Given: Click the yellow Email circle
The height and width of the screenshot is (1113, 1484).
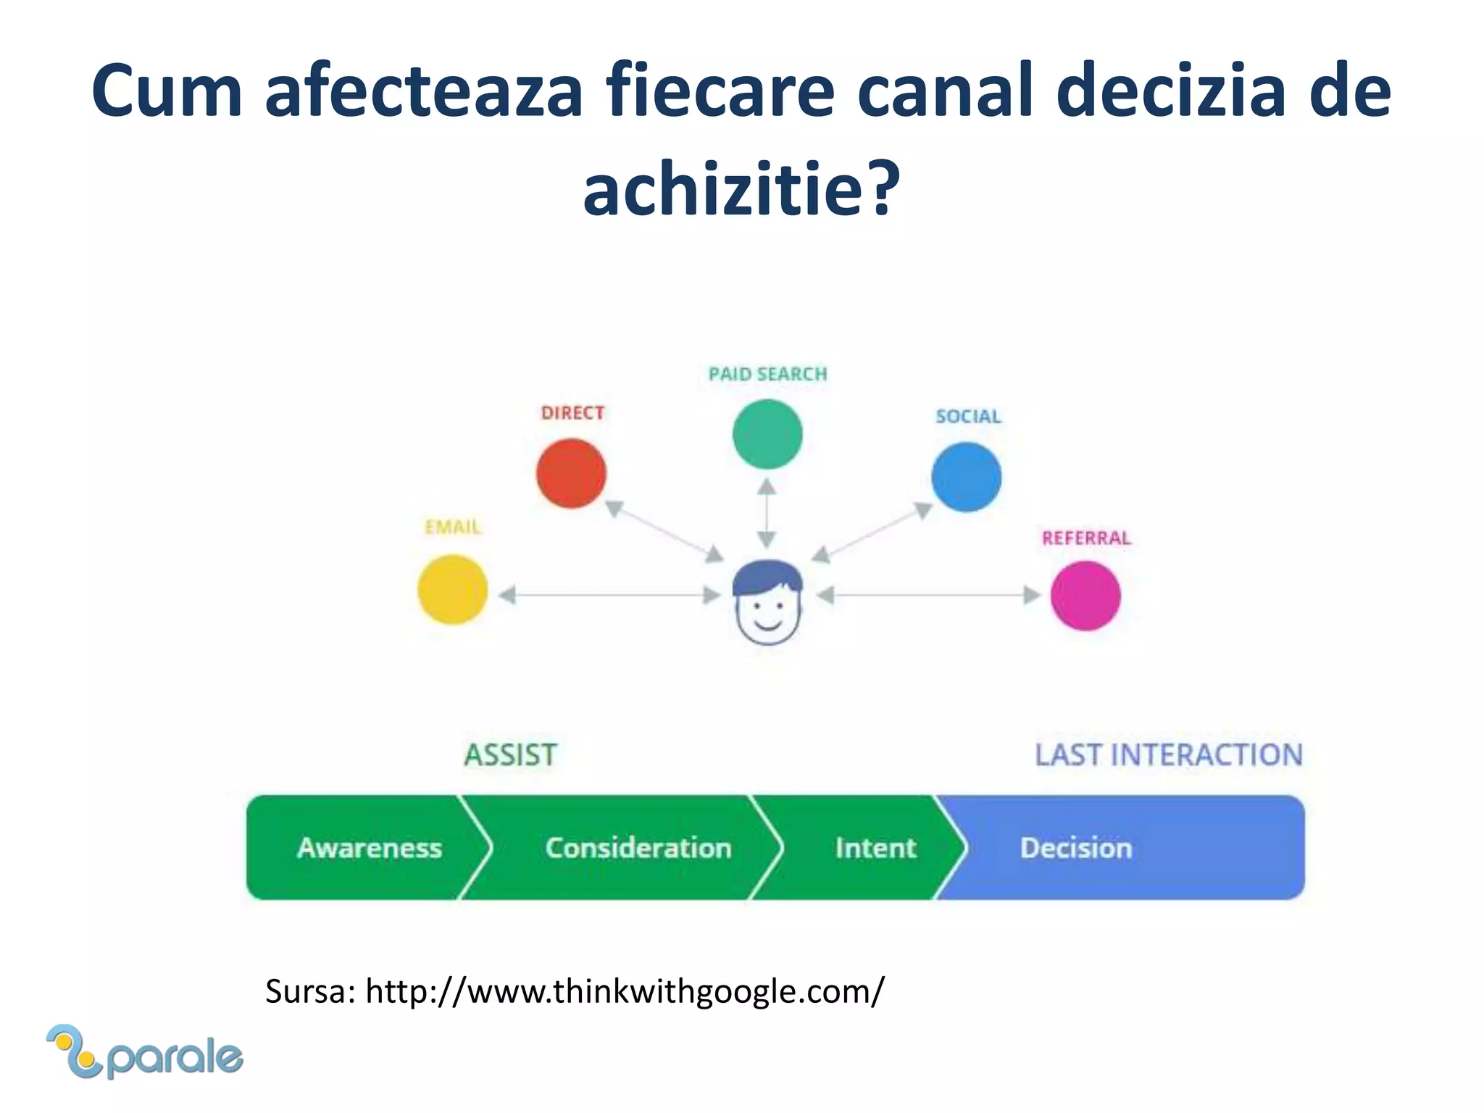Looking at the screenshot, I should (x=452, y=589).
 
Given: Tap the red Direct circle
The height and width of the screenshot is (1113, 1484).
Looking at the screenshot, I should (x=571, y=473).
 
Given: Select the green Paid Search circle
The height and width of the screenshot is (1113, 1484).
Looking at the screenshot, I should (x=767, y=434).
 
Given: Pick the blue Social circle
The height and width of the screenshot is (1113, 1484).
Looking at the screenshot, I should (x=966, y=478).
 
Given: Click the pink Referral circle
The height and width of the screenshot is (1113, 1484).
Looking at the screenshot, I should (x=1085, y=596).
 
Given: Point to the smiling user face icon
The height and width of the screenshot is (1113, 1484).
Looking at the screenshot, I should (x=767, y=602).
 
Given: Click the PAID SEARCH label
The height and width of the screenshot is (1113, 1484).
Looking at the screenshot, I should (x=767, y=374).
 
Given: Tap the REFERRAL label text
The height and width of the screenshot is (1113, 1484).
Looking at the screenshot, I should (x=1085, y=538).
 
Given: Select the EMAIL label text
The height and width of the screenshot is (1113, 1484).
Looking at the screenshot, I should (x=452, y=527).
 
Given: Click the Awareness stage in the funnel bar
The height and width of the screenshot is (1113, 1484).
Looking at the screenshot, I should (x=369, y=848).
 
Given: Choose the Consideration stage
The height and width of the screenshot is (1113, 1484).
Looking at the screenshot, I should (x=638, y=848).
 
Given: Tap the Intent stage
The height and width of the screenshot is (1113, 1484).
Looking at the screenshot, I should (x=875, y=848).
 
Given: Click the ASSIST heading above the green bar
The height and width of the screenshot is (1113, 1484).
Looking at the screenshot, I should (x=510, y=755).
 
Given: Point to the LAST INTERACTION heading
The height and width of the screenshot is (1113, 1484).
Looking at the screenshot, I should (x=1168, y=755).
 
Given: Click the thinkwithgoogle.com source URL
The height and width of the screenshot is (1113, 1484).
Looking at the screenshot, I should (x=625, y=991).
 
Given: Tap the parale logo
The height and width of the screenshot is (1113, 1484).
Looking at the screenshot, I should (x=145, y=1053).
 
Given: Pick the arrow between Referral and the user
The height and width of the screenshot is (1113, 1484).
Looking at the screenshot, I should (x=929, y=596).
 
